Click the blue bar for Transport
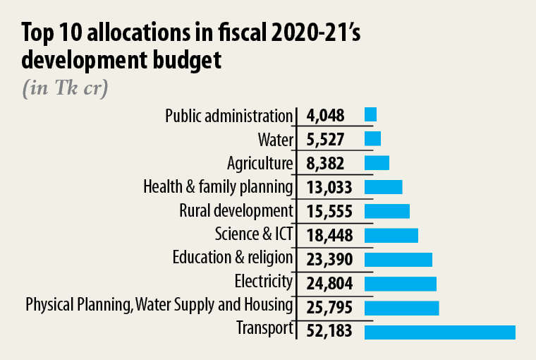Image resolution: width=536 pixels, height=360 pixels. click(439, 332)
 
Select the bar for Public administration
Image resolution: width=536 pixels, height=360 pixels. click(370, 114)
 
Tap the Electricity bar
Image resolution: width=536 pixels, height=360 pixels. click(400, 284)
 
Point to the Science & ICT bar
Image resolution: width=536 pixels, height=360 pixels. click(391, 235)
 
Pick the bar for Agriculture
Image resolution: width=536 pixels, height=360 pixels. click(377, 162)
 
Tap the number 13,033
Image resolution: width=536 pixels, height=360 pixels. click(329, 187)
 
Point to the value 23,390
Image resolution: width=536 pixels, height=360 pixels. click(329, 260)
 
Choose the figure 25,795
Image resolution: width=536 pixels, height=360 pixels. click(329, 308)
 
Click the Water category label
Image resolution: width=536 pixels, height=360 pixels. click(276, 139)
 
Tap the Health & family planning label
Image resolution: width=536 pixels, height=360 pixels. click(217, 187)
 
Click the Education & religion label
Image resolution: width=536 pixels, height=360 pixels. click(232, 258)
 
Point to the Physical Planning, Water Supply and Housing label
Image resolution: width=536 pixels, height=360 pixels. click(159, 306)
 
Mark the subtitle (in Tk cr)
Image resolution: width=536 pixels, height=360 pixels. click(65, 90)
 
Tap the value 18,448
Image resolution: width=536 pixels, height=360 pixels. click(329, 235)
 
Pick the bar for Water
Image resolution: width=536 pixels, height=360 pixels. click(372, 138)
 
